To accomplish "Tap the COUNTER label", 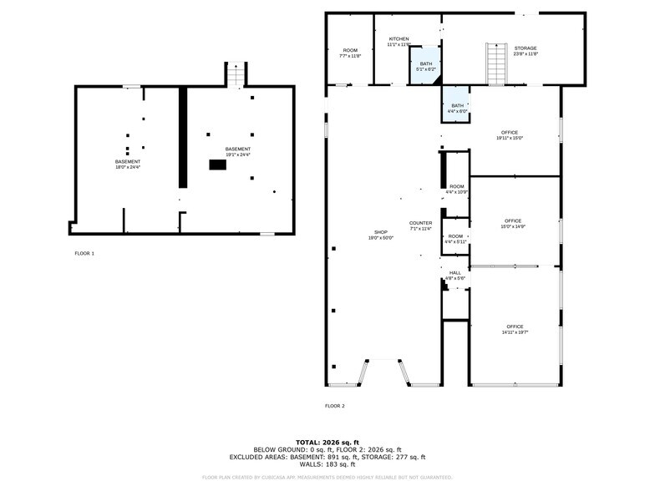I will tap(420, 225).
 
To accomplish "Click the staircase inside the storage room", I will tap(497, 63).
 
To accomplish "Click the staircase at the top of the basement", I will tap(236, 75).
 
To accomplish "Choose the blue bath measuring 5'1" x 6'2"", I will tap(426, 66).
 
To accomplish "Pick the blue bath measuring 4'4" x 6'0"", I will tap(456, 105).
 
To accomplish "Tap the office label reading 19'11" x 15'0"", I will tap(510, 135).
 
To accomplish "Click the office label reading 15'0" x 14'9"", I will tap(512, 224).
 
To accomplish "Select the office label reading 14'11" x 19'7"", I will tap(515, 328).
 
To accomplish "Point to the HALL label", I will tap(455, 275).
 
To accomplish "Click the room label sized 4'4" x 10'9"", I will tap(456, 189).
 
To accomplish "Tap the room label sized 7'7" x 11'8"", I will tap(350, 53).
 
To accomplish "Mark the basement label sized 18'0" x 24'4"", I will tap(128, 164).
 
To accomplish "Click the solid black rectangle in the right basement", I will tap(217, 165).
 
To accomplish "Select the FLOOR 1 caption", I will tap(84, 253).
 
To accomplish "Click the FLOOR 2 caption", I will tap(334, 406).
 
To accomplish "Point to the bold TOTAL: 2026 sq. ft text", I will tap(327, 442).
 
